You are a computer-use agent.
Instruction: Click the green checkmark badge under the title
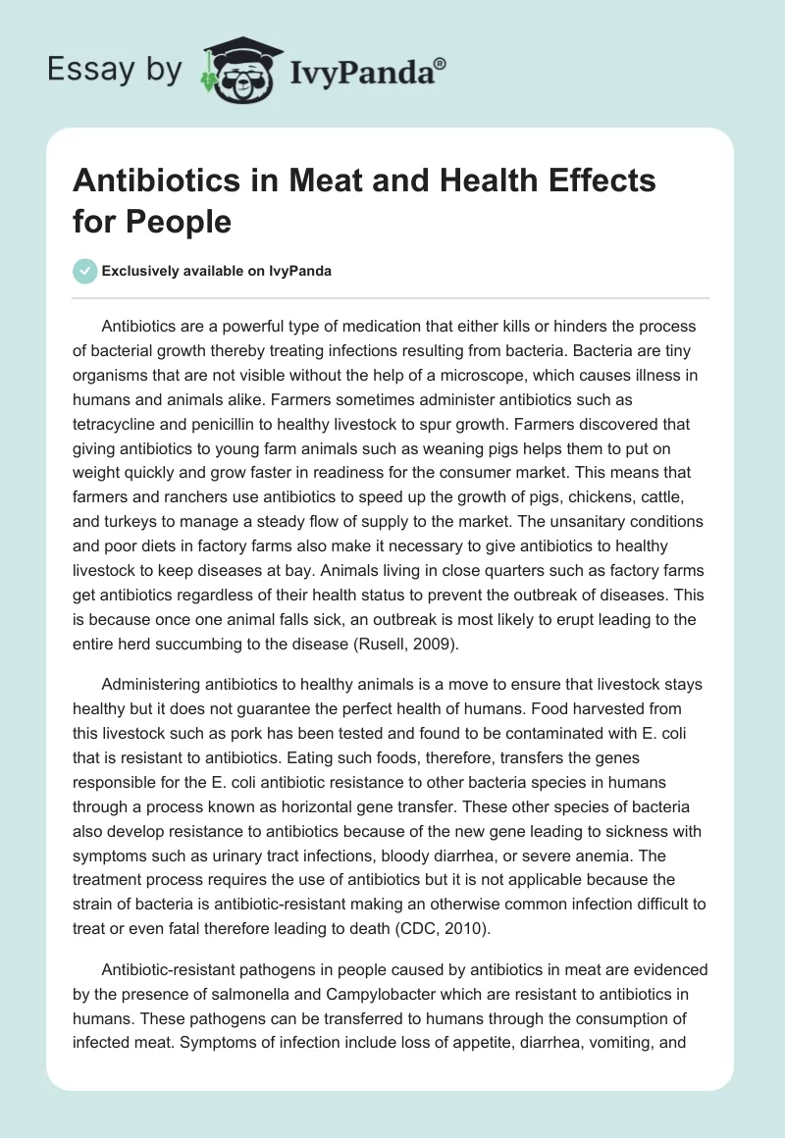click(x=84, y=271)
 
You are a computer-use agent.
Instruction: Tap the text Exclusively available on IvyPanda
click(x=216, y=271)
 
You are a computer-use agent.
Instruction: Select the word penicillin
click(x=236, y=397)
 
